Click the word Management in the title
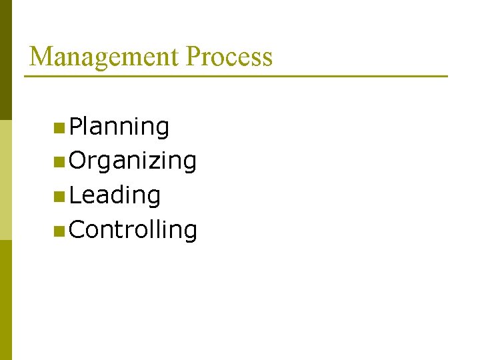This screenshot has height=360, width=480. click(x=105, y=57)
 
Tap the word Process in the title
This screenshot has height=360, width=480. click(x=229, y=57)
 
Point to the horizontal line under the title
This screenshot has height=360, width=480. click(x=236, y=76)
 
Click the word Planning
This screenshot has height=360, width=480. click(x=119, y=126)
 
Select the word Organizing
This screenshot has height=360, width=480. click(x=133, y=161)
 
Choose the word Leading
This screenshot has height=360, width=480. click(x=115, y=195)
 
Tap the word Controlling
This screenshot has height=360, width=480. click(x=133, y=230)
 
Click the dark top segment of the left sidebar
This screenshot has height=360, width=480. click(x=5, y=60)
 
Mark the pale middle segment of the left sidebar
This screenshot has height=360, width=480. click(x=5, y=180)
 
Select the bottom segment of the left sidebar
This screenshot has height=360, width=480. click(x=5, y=300)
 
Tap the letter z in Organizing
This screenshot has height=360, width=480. click(x=157, y=161)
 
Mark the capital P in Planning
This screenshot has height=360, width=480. click(x=76, y=126)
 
